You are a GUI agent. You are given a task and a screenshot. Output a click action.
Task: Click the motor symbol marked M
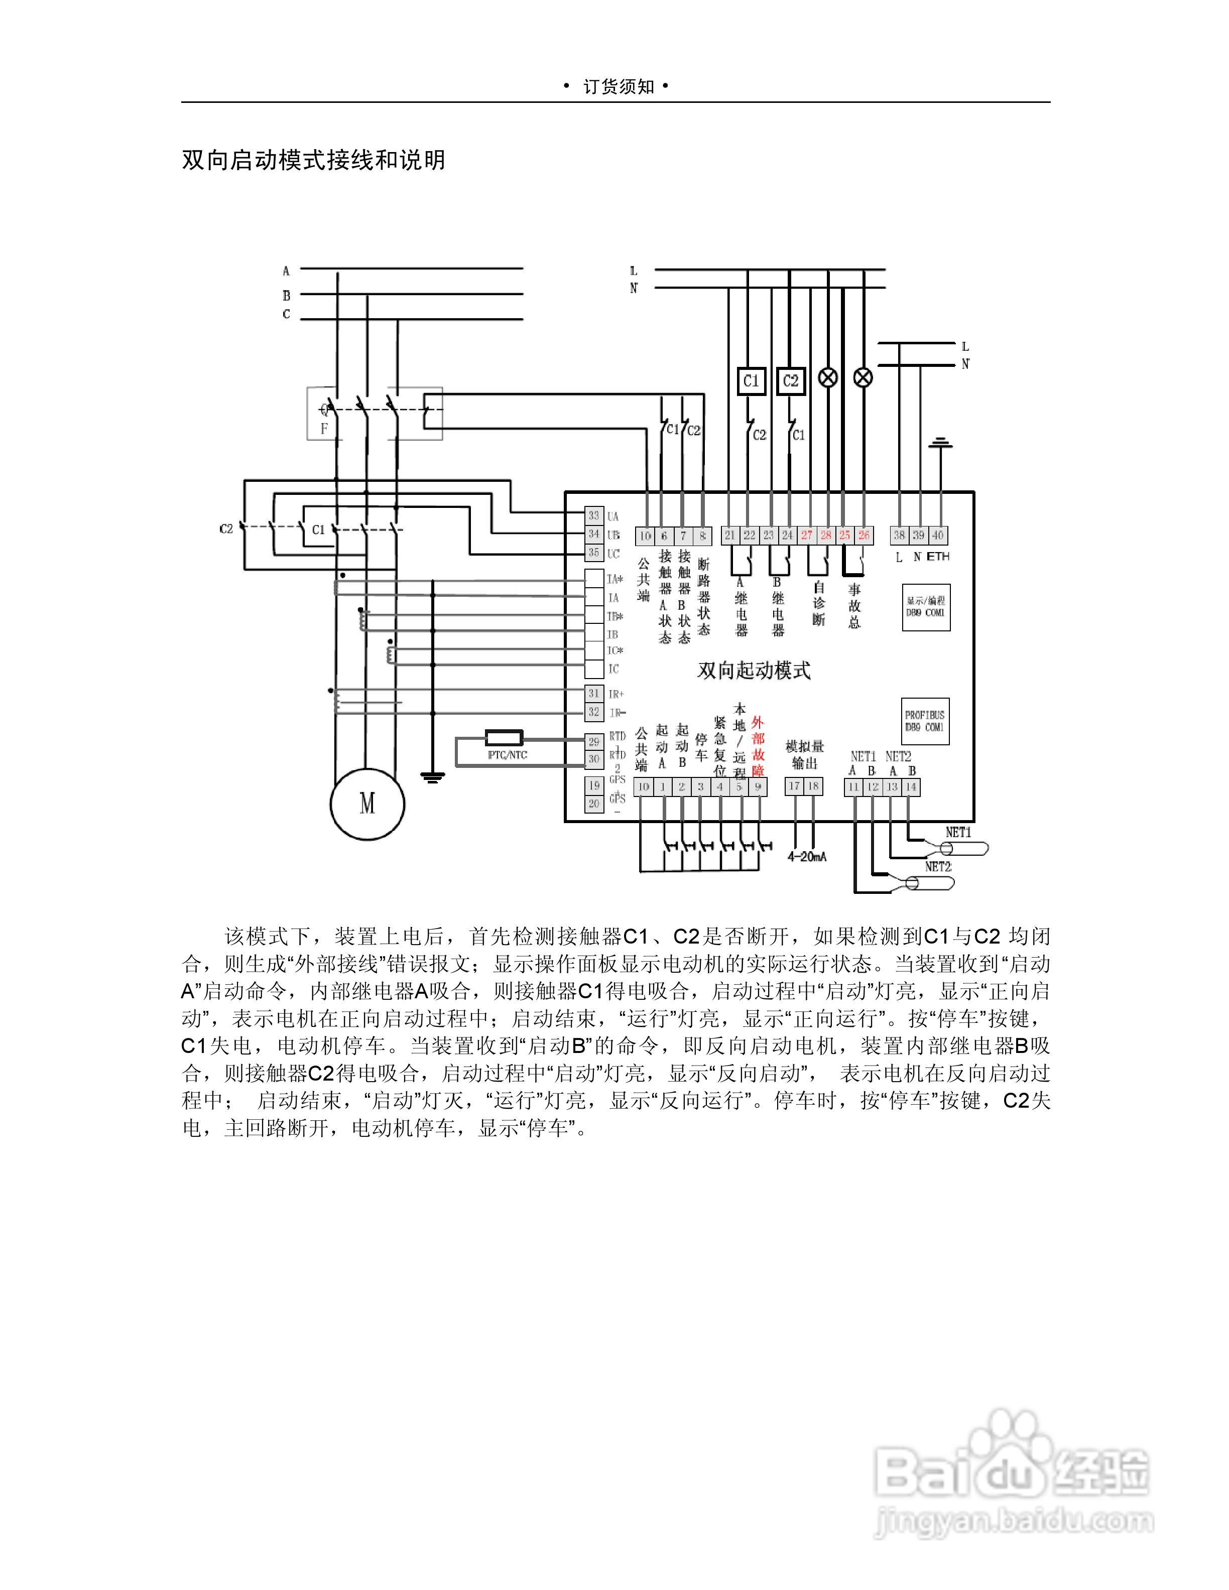[367, 804]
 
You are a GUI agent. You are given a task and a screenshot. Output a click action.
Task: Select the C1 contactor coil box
[751, 381]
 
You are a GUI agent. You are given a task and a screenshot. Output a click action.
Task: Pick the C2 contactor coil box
[791, 381]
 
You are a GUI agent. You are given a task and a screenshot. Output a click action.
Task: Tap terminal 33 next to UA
[594, 516]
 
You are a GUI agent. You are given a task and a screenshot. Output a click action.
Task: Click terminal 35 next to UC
[594, 553]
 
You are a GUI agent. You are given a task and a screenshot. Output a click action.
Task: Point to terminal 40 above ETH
[938, 535]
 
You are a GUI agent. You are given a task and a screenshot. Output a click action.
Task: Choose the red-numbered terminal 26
[864, 535]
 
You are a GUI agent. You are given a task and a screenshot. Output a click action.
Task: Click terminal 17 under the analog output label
[794, 786]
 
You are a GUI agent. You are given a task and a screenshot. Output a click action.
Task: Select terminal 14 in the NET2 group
[911, 787]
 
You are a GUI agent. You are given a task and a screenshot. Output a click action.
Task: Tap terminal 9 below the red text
[758, 787]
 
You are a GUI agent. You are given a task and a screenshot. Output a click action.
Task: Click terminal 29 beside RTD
[594, 742]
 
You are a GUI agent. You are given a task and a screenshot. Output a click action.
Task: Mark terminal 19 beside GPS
[594, 785]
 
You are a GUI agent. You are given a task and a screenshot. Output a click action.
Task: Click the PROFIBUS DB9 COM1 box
[925, 721]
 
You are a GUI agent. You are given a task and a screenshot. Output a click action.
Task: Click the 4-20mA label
[807, 857]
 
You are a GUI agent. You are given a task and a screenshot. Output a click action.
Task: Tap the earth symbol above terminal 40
[941, 443]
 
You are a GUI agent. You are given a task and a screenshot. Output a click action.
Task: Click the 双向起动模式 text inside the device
[754, 671]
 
